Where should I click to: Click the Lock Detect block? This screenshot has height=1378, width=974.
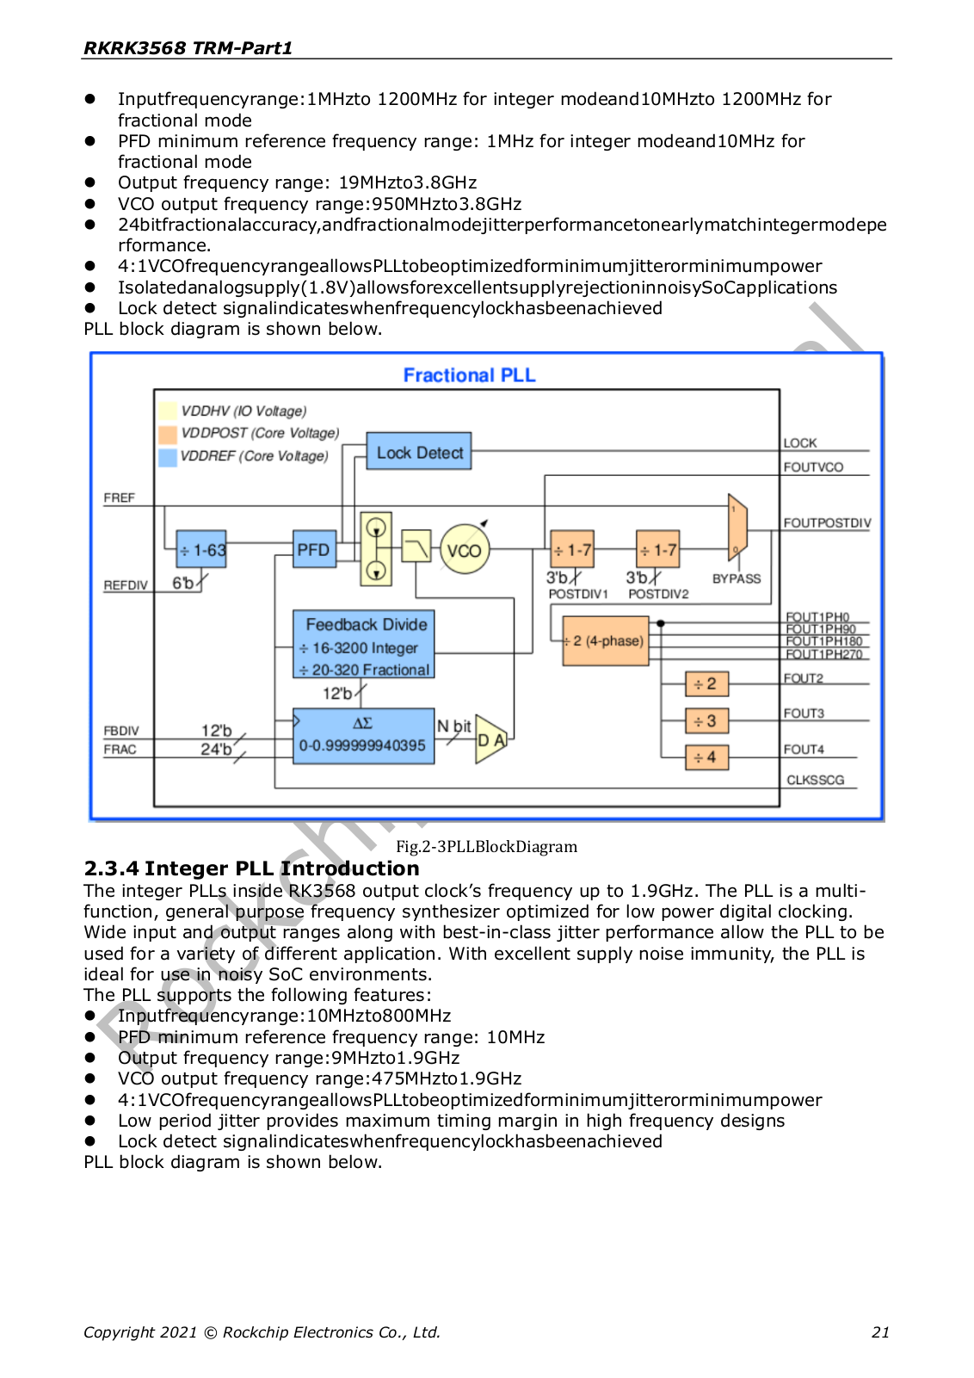(419, 451)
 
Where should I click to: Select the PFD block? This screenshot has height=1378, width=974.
(314, 549)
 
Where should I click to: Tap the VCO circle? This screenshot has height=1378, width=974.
(465, 549)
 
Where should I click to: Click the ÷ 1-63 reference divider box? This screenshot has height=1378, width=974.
(201, 549)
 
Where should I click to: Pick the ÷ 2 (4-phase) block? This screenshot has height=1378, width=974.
(606, 641)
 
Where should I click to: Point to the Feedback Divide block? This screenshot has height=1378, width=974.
(363, 644)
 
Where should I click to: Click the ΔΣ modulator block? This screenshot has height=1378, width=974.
(363, 737)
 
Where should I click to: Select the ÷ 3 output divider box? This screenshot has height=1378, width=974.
(707, 721)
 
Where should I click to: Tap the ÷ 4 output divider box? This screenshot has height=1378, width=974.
(707, 757)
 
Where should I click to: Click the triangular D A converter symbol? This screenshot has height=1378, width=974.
(490, 738)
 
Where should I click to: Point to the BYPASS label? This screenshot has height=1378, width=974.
(736, 578)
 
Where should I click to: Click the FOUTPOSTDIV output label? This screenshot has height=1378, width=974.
(827, 523)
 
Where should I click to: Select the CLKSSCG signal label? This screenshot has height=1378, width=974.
(816, 780)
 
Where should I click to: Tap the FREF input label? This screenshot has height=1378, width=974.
(119, 497)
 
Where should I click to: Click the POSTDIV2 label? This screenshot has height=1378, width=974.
(658, 594)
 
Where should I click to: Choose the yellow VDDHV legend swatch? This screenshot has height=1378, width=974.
(168, 411)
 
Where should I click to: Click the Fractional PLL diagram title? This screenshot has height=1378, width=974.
(469, 374)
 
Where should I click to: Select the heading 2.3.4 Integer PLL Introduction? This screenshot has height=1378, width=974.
(251, 868)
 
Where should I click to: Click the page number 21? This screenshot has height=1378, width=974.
(880, 1332)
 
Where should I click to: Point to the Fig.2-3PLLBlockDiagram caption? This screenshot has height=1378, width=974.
(486, 846)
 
